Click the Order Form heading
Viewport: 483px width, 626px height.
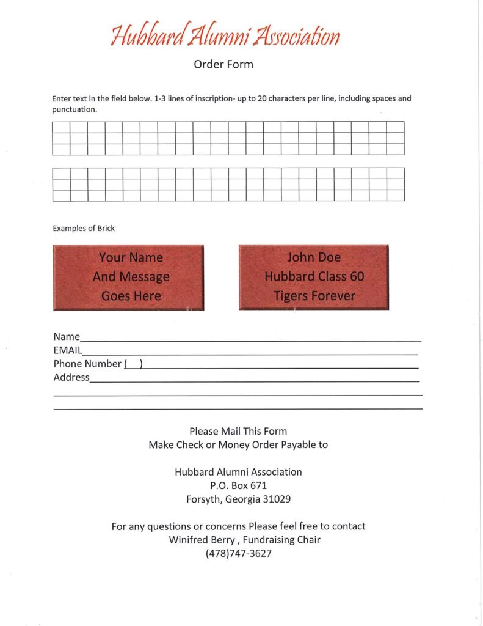(223, 64)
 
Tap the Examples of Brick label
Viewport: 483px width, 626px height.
(84, 229)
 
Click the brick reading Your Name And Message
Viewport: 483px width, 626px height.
(128, 277)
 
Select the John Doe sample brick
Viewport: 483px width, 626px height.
(313, 277)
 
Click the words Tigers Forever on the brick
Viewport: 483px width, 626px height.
(314, 296)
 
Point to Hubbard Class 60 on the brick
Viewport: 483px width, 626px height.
(314, 276)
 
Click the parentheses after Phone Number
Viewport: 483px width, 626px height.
(133, 364)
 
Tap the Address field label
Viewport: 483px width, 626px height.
(71, 378)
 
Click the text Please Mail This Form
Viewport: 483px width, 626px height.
(238, 432)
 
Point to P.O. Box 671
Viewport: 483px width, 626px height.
(238, 485)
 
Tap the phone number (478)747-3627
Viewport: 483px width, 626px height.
(238, 553)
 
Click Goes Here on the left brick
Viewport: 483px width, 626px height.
(131, 296)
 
